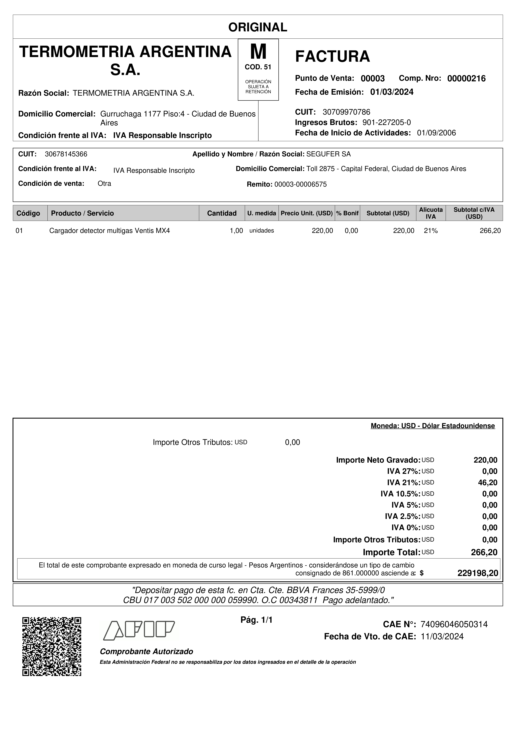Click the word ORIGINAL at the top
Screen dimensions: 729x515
258,27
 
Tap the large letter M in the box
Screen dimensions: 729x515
258,52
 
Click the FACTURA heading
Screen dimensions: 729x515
333,57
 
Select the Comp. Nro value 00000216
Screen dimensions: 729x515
466,78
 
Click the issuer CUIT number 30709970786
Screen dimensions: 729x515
346,112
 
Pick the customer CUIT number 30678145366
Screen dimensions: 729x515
66,154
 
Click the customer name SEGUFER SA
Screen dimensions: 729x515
328,154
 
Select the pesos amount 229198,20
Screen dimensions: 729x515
478,573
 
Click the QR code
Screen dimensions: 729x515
52,646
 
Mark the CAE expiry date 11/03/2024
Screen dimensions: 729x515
442,637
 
